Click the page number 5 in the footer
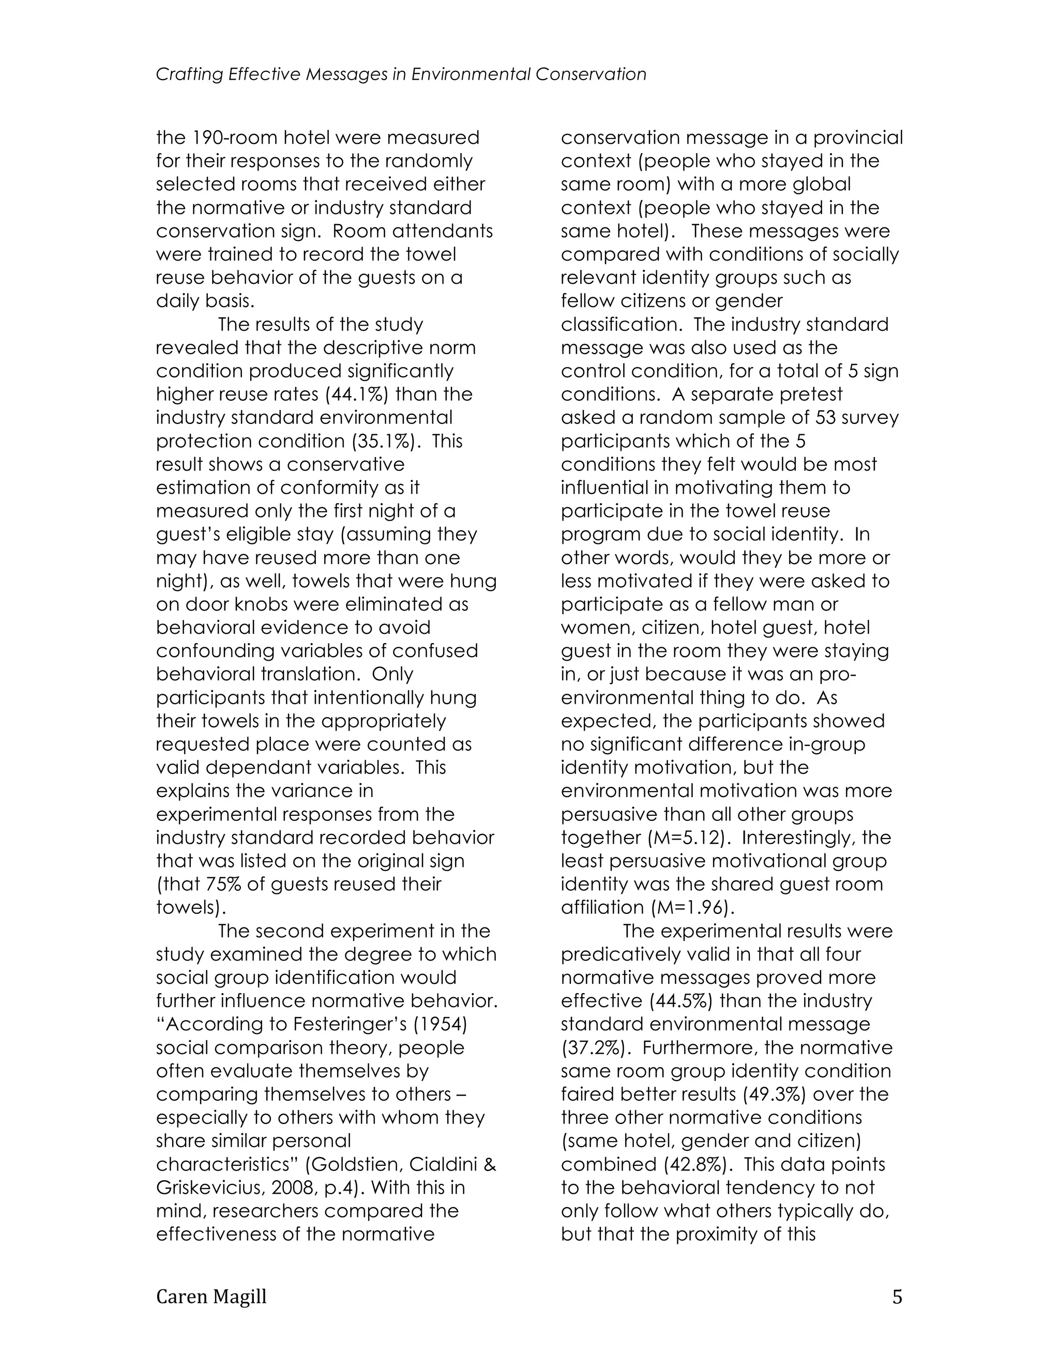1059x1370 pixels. coord(897,1297)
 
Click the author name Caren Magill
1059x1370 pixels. coord(211,1297)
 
